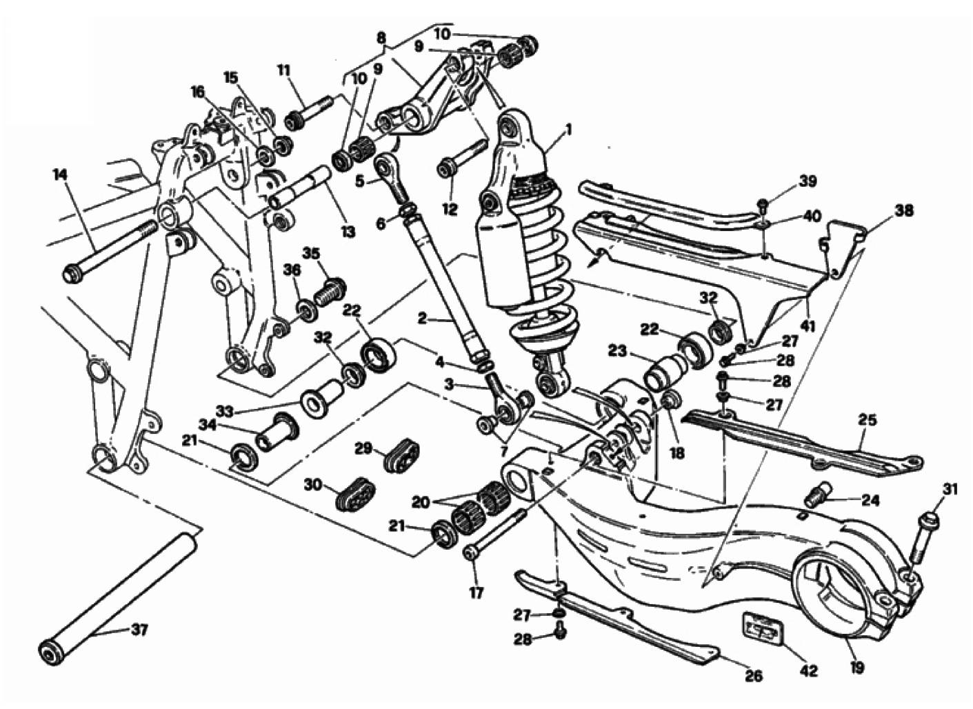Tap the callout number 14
pyautogui.click(x=60, y=176)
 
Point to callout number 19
pyautogui.click(x=857, y=667)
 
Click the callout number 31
pyautogui.click(x=951, y=490)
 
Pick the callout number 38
pyautogui.click(x=904, y=210)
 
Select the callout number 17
pyautogui.click(x=477, y=592)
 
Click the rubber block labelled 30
pyautogui.click(x=354, y=490)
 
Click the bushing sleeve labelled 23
pyautogui.click(x=660, y=372)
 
